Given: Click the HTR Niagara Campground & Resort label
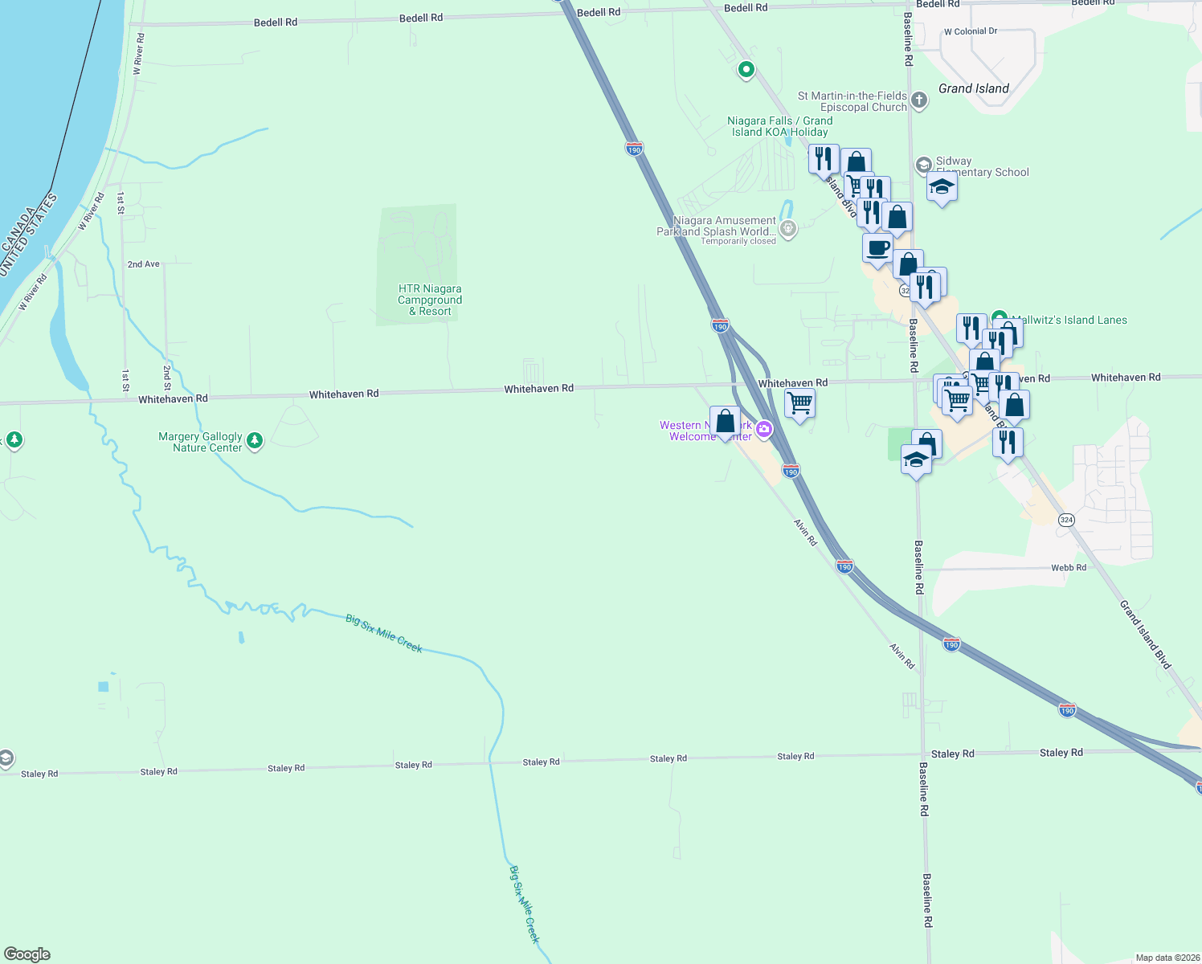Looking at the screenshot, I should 430,300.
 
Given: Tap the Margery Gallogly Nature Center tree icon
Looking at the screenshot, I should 255,440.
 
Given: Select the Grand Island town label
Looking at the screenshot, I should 973,88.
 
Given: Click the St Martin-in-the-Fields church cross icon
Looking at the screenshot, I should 920,101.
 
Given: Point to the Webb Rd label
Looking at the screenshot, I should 1068,567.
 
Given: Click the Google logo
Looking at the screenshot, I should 27,954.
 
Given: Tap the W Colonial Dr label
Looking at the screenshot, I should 970,31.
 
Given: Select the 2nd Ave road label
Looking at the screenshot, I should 143,263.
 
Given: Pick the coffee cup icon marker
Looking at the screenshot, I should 878,248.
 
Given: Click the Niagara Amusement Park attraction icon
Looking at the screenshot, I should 788,229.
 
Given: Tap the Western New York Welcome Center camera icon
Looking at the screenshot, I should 763,429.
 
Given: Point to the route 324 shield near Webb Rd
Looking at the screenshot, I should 1066,520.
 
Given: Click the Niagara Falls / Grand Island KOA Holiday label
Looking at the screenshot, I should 779,126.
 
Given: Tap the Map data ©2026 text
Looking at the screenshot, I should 1167,958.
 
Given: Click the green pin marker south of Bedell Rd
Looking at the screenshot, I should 746,70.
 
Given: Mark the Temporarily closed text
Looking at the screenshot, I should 738,241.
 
